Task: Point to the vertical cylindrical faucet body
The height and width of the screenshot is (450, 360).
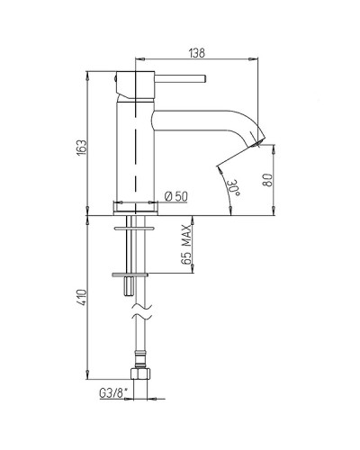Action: pyautogui.click(x=136, y=144)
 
